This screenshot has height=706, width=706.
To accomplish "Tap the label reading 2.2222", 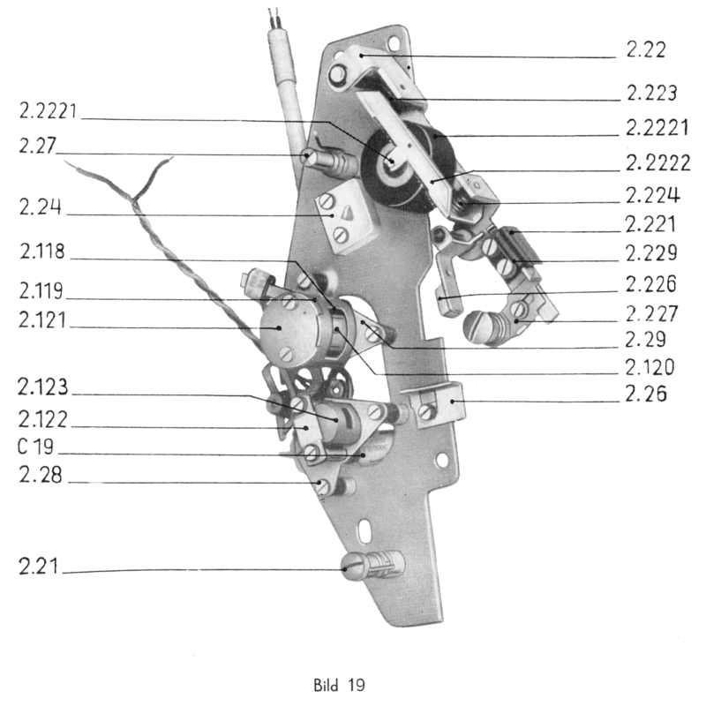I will point(655,164).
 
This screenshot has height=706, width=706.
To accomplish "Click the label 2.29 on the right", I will point(642,340).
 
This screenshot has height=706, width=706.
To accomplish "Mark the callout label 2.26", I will point(642,396).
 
